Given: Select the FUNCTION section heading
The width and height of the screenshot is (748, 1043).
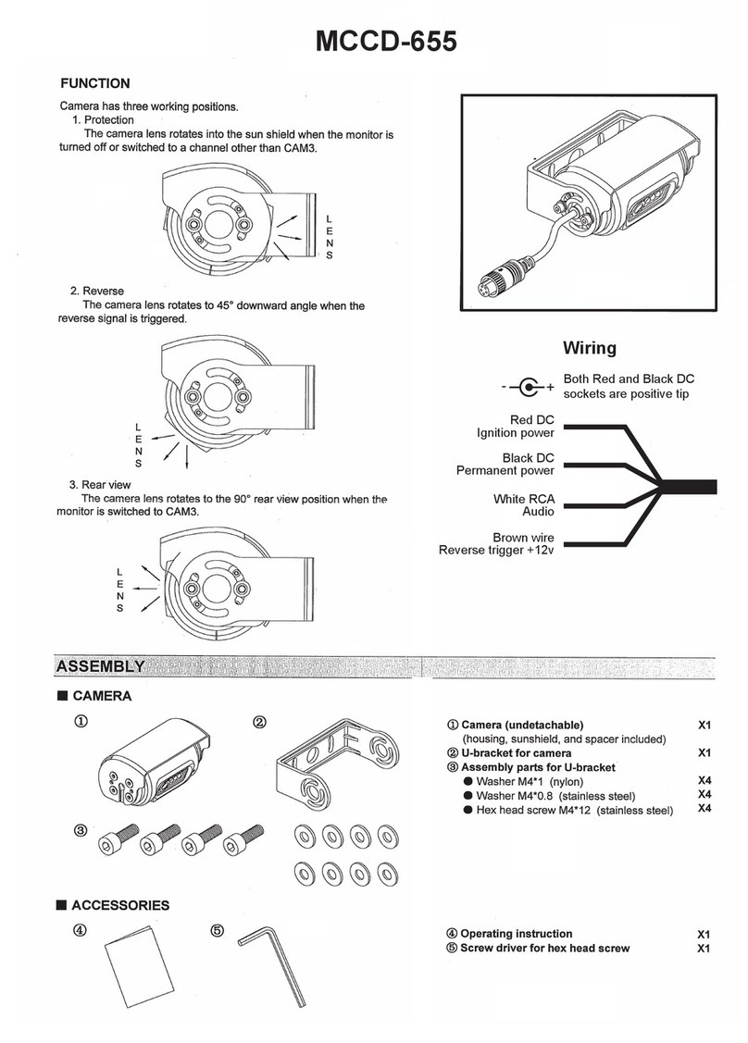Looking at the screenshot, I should pyautogui.click(x=102, y=83).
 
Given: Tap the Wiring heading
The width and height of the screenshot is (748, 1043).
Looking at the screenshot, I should pyautogui.click(x=590, y=348).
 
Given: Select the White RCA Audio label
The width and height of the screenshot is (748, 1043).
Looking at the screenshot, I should pyautogui.click(x=523, y=504).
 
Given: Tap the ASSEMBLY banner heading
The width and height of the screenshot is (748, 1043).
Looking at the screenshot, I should pyautogui.click(x=99, y=666).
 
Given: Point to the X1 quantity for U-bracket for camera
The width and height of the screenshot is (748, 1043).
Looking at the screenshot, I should pyautogui.click(x=704, y=753).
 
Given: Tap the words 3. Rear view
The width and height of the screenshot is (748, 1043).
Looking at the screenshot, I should pyautogui.click(x=100, y=485).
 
